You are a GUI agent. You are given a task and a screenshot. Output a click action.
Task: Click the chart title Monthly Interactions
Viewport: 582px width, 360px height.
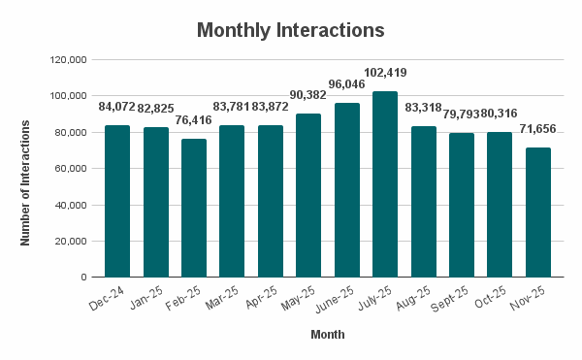[x=291, y=30]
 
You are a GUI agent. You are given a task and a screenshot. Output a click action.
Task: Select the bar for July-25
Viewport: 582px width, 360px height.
[x=385, y=184]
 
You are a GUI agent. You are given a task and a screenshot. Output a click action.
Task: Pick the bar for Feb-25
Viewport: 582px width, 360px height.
[x=194, y=208]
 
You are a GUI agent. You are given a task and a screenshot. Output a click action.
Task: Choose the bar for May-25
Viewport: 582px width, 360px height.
[x=308, y=195]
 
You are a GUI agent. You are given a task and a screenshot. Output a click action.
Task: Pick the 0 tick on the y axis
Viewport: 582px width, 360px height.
[x=84, y=278]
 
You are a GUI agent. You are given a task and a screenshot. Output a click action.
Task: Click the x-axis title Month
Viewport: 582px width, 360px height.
[x=327, y=335]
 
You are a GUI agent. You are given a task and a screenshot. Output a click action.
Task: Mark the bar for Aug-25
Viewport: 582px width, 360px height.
[x=423, y=202]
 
